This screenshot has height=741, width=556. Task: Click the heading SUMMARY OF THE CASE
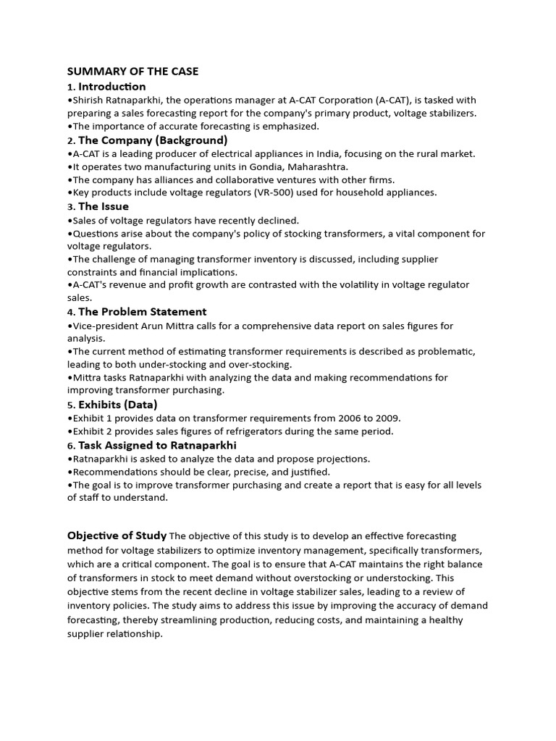(x=132, y=72)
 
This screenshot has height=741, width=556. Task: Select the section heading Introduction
(x=112, y=87)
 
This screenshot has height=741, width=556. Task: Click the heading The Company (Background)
(x=153, y=140)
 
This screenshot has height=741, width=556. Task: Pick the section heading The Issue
(x=104, y=206)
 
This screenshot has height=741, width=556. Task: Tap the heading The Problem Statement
(x=142, y=312)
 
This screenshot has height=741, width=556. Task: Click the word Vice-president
(x=101, y=326)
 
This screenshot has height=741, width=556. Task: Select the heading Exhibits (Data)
(x=117, y=405)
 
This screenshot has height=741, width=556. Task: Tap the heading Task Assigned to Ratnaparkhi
(x=157, y=445)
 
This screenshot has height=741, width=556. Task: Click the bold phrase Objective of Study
(x=117, y=536)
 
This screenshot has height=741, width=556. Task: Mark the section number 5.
(x=70, y=405)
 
